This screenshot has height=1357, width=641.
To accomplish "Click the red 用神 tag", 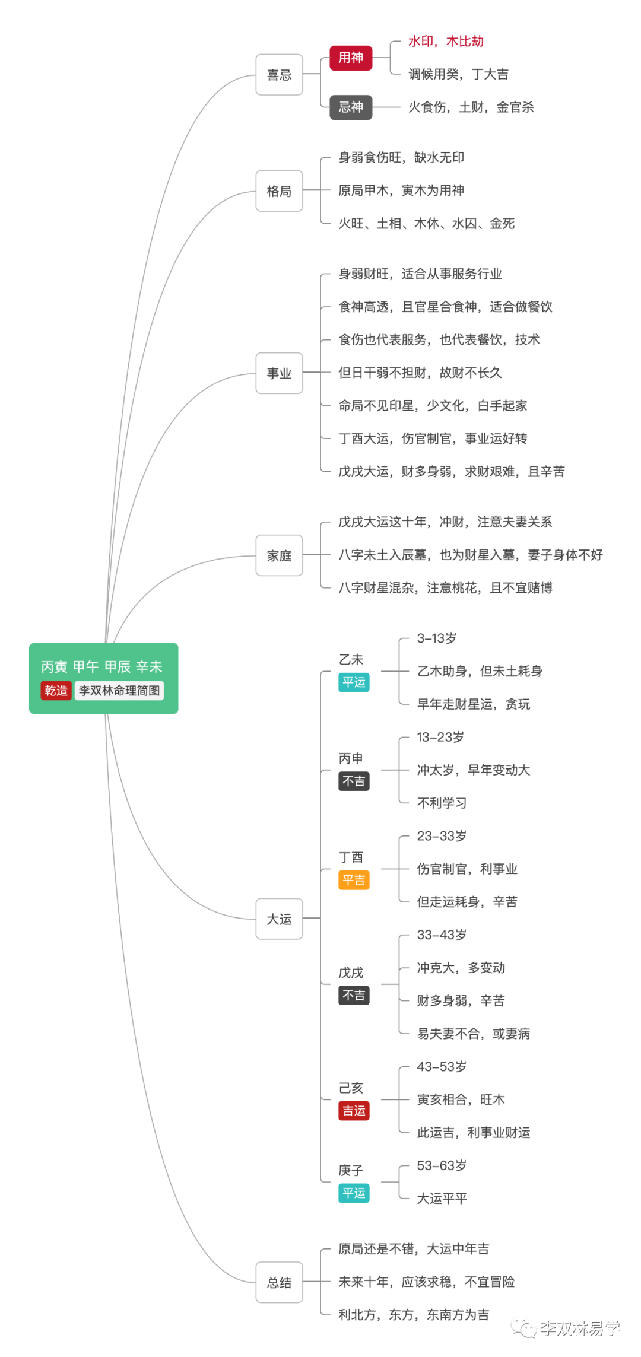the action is [351, 58].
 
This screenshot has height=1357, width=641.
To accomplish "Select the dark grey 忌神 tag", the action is [351, 107].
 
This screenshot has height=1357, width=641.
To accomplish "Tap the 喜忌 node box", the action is [280, 75].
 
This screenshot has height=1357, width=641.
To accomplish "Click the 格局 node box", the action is [280, 191].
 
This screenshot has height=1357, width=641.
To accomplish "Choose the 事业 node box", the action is [280, 373].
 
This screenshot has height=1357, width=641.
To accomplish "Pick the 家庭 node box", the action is [280, 555].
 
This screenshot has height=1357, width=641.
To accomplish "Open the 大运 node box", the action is [280, 919].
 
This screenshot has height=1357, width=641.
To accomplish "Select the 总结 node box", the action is [280, 1282].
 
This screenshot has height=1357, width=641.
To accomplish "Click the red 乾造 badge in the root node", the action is [56, 691].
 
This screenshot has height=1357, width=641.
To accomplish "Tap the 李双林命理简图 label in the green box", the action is [119, 691].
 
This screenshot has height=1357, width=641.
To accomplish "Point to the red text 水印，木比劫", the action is [446, 42].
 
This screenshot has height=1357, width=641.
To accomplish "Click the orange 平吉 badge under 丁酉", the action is [354, 880].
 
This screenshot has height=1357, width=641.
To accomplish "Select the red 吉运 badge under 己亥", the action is [354, 1111].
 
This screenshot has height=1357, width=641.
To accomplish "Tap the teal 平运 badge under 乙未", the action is [354, 682].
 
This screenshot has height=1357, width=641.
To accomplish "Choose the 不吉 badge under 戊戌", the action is [354, 995].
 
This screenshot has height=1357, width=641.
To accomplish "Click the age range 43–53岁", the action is [442, 1067].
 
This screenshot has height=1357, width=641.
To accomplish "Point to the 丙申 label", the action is [351, 758].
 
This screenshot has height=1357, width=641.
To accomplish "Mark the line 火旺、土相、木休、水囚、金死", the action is [427, 224].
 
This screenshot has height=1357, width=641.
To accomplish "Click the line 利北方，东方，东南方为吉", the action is [414, 1315].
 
